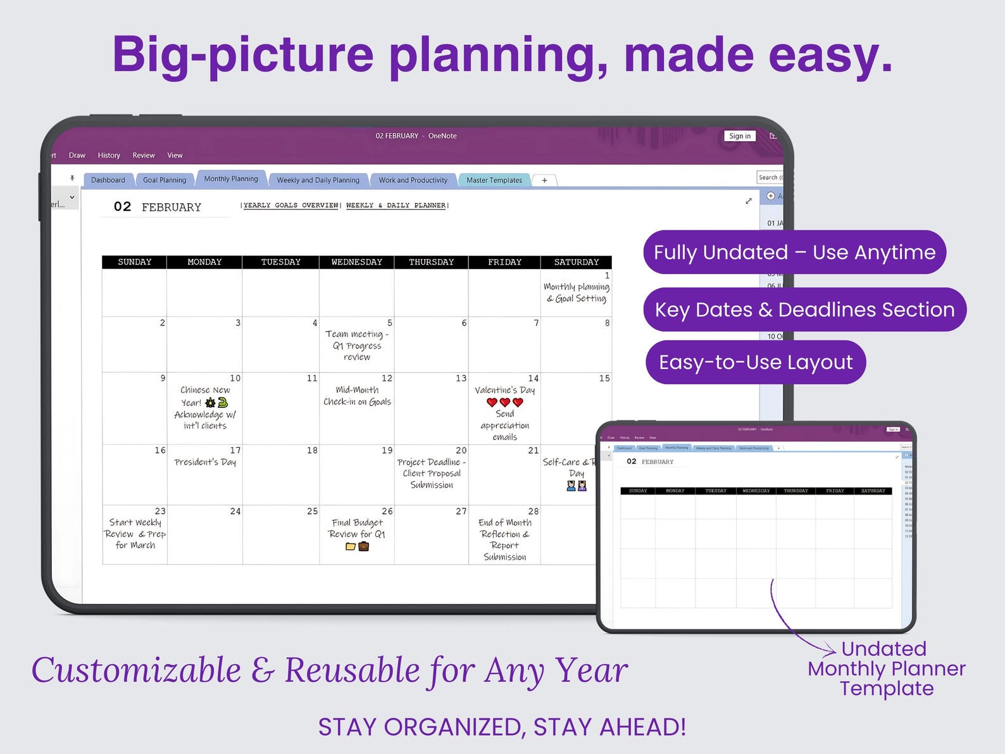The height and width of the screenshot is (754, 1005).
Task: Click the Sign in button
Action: click(739, 136)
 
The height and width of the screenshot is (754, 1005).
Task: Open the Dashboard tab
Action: click(108, 180)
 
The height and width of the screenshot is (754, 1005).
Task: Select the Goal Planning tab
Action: click(165, 180)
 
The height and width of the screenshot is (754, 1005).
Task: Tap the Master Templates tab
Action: click(494, 180)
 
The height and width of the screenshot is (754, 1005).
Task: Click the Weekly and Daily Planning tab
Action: click(318, 180)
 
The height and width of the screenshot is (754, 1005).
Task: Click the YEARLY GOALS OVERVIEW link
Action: click(291, 205)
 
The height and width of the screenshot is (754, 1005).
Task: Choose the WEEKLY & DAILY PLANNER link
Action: click(396, 205)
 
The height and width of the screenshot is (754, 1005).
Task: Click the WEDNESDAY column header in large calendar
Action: click(356, 262)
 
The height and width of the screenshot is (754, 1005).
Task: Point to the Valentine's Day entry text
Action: click(504, 390)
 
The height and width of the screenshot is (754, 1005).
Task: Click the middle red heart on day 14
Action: click(505, 402)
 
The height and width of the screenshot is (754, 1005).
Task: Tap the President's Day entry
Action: click(205, 462)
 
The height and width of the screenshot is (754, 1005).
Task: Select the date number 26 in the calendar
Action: click(387, 511)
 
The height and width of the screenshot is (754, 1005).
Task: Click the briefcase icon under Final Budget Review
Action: click(364, 546)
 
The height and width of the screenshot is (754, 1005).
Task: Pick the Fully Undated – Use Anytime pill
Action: click(794, 252)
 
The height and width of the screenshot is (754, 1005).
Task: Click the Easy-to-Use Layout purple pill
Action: click(756, 362)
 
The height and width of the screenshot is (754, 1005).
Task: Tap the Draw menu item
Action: click(77, 155)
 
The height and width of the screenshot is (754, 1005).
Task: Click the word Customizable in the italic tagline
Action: click(136, 670)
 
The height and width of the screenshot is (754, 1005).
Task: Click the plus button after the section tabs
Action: click(544, 180)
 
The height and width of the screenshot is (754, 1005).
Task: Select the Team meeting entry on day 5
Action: click(357, 346)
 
